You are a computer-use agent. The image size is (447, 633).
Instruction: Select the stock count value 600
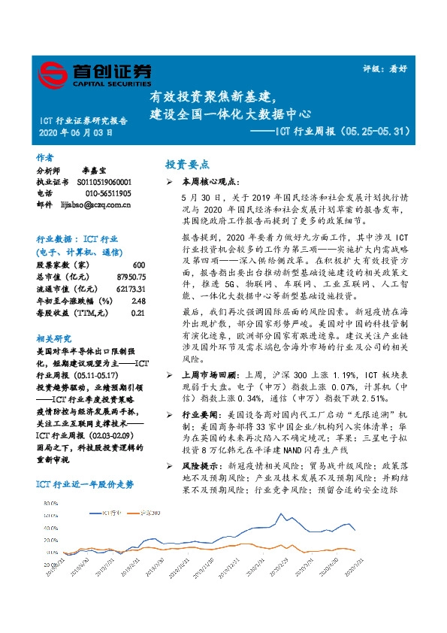point(138,265)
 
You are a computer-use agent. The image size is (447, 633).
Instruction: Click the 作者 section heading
point(45,158)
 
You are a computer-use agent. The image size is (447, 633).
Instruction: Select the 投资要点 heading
point(187,164)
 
